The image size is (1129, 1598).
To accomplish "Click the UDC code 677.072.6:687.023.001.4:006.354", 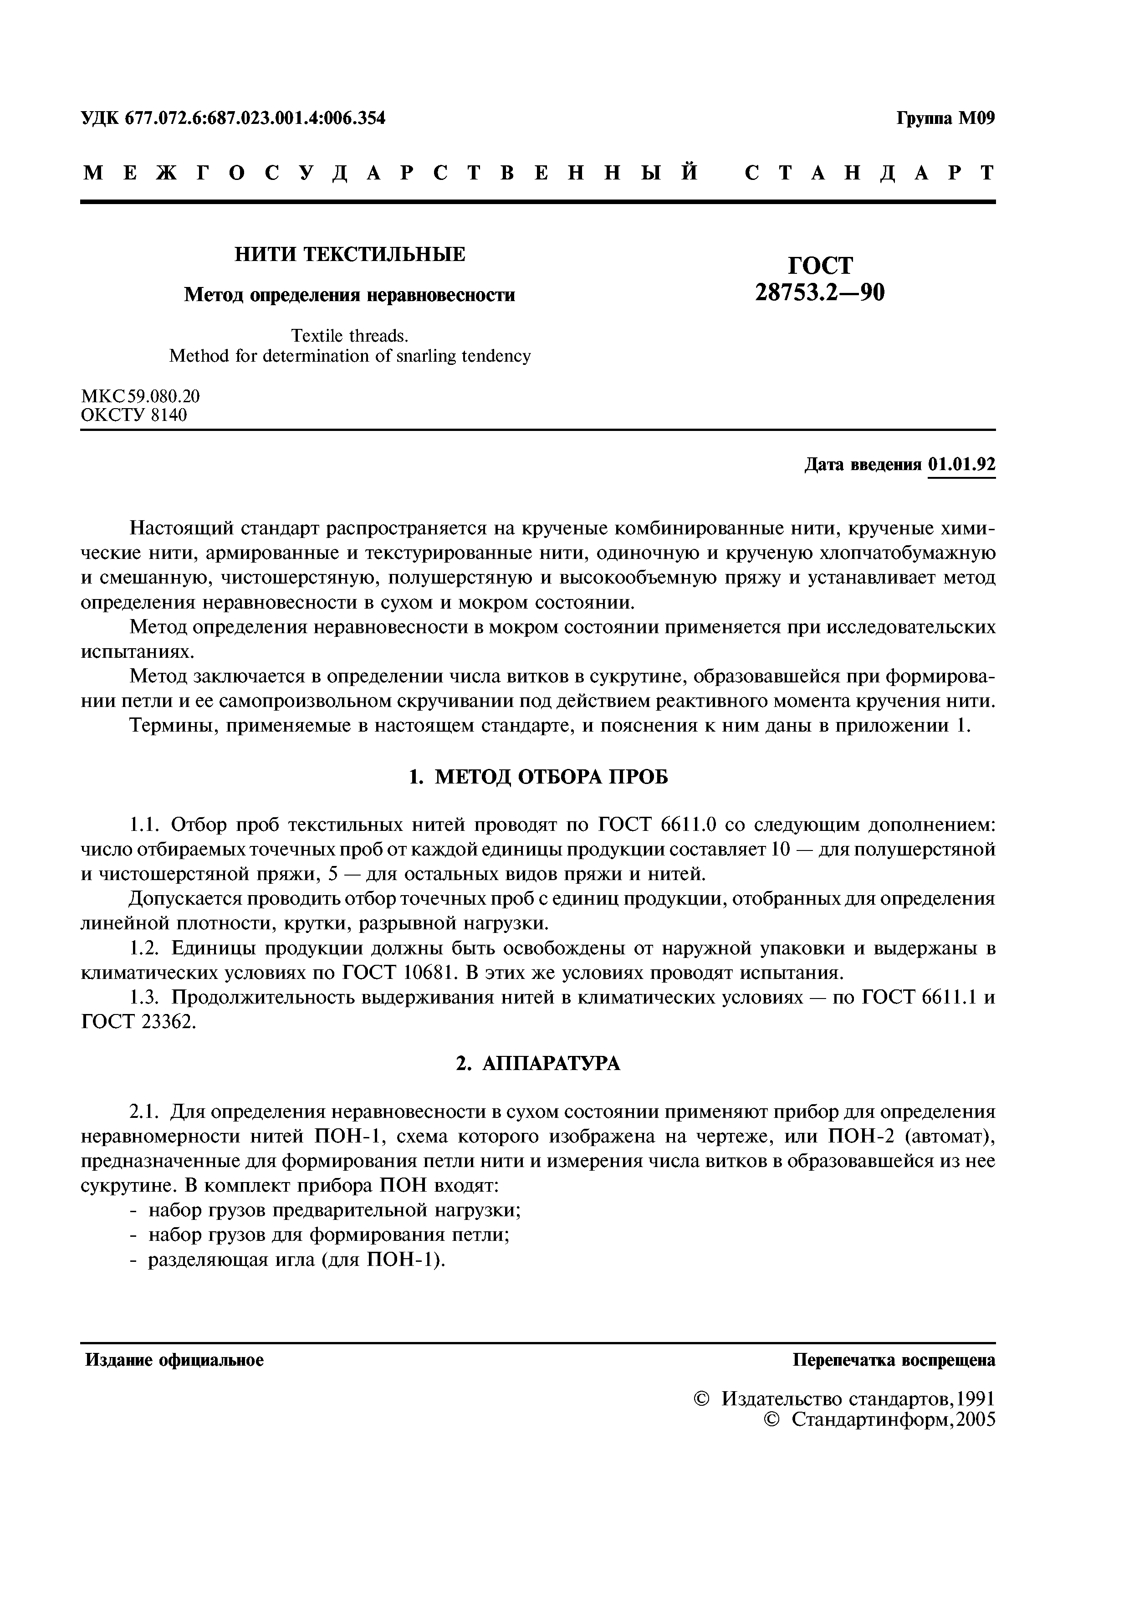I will coord(255,118).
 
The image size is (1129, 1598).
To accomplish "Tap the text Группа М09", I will coord(945,118).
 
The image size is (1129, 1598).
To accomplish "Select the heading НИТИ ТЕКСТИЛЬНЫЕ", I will coord(349,255).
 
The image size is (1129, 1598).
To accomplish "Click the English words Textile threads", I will coord(349,335).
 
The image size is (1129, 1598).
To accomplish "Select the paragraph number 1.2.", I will coord(146,948).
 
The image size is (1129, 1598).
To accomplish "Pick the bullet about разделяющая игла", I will coord(295,1260).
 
